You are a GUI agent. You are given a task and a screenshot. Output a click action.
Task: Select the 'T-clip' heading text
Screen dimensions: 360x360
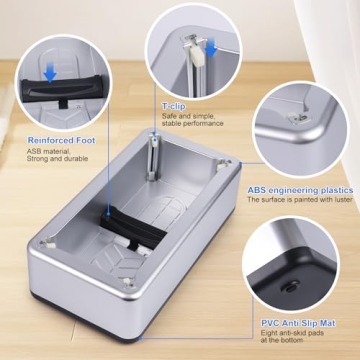tap(173, 105)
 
